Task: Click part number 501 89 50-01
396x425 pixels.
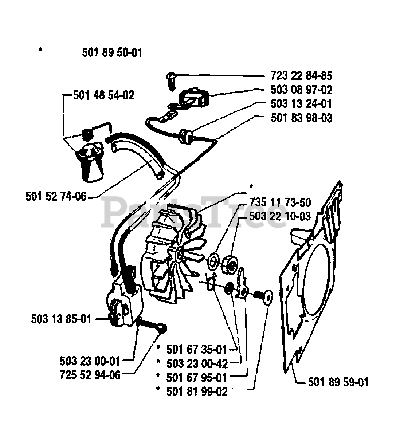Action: coord(112,53)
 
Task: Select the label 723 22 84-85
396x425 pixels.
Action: coord(301,76)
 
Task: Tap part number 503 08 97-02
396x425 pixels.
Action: coord(301,90)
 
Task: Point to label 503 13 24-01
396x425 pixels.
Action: coord(301,104)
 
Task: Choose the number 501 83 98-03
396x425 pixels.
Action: coord(301,118)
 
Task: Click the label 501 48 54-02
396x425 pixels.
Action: coord(104,95)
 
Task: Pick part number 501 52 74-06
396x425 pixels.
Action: coord(56,197)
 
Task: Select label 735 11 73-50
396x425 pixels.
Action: coord(280,202)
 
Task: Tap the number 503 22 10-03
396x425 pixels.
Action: coord(280,216)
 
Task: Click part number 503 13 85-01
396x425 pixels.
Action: coord(61,319)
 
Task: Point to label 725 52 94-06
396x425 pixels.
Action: coord(90,375)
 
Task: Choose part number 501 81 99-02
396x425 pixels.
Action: coord(197,391)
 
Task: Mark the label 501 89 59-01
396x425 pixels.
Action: coord(338,382)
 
